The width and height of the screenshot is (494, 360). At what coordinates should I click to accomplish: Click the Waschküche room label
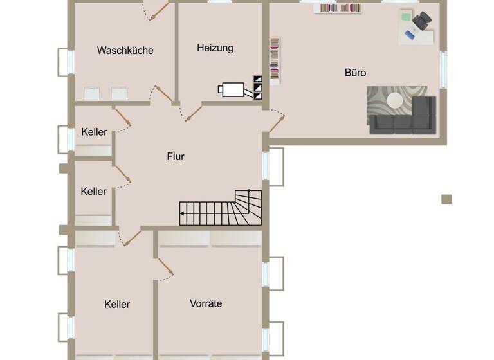125,50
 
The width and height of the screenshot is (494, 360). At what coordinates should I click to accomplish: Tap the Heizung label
215,48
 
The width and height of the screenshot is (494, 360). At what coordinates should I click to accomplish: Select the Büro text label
355,73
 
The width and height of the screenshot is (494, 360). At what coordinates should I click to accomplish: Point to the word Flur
176,156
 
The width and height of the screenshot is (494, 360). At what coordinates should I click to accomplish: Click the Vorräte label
206,303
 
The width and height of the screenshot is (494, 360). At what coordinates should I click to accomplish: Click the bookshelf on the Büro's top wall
337,8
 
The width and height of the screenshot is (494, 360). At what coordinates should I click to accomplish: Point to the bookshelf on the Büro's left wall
275,60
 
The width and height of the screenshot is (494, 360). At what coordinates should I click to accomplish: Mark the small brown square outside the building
446,199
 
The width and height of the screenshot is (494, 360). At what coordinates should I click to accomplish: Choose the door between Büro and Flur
276,122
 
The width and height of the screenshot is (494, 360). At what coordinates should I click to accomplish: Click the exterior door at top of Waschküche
158,10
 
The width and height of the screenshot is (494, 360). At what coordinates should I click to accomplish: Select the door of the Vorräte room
165,269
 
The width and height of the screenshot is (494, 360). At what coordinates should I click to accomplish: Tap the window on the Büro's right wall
443,69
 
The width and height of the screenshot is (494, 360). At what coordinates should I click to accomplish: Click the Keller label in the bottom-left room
117,304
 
